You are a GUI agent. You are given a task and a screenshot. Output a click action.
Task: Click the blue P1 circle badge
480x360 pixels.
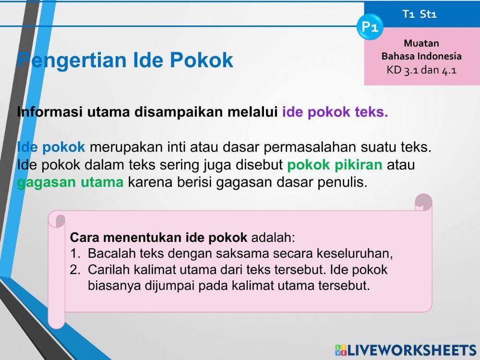pyautogui.click(x=370, y=27)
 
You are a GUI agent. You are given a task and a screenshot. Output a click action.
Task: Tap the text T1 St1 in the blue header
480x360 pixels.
pyautogui.click(x=420, y=14)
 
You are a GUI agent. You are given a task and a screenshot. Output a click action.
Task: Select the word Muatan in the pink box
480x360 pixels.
pyautogui.click(x=421, y=43)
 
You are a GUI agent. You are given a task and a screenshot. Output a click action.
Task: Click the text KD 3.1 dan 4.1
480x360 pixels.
pyautogui.click(x=421, y=70)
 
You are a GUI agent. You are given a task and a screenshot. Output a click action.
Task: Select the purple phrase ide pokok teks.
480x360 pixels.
pyautogui.click(x=335, y=112)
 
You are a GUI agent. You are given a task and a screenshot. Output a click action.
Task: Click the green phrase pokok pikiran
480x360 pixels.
pyautogui.click(x=335, y=165)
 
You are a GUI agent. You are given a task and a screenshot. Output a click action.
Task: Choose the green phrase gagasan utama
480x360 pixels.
pyautogui.click(x=70, y=182)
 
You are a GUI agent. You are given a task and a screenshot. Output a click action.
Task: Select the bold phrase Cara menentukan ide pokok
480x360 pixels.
pyautogui.click(x=158, y=238)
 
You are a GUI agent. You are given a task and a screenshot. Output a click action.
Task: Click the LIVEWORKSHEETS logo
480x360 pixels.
pyautogui.click(x=405, y=350)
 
